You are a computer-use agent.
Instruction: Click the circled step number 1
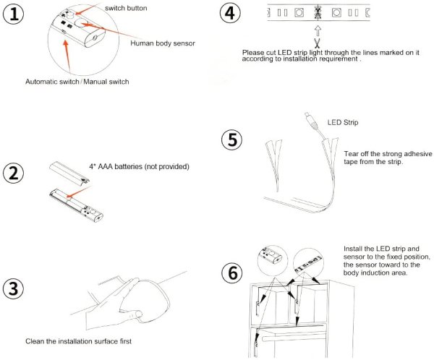(13, 14)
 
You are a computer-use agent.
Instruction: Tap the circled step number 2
(13, 173)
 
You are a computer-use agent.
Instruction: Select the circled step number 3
(13, 288)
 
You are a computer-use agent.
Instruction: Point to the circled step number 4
(230, 13)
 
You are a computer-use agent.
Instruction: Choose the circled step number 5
(232, 140)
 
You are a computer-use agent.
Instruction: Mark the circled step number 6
(232, 273)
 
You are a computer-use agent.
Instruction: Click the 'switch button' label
(126, 8)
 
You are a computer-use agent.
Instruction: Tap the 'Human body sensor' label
(163, 43)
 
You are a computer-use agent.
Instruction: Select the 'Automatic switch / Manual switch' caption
(77, 82)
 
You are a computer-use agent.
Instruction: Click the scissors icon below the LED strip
(318, 43)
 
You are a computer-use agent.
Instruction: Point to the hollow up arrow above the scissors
(318, 30)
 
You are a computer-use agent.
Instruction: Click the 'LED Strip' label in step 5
(343, 122)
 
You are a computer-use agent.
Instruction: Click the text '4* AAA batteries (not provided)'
(139, 166)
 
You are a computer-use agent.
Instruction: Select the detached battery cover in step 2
(69, 173)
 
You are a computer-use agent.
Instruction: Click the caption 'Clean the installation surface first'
(78, 341)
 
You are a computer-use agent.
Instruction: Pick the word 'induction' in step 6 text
(372, 273)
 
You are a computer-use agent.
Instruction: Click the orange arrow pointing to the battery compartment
(79, 192)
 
